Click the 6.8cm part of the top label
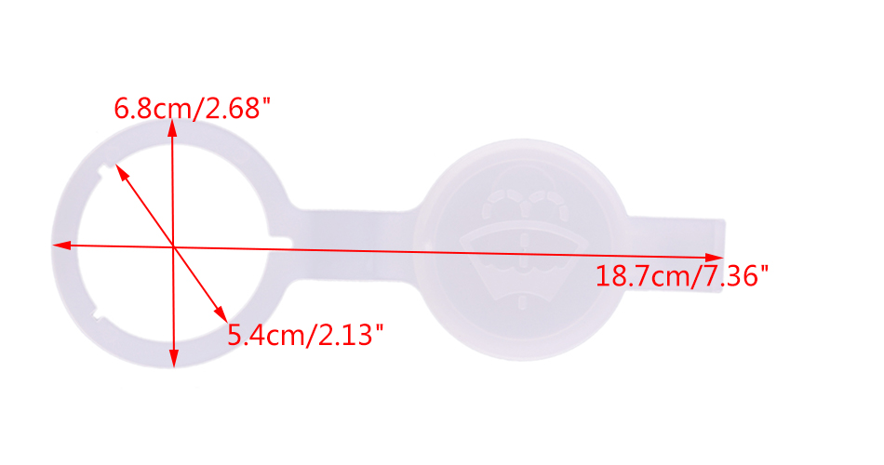[151, 108]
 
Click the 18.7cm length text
[640, 276]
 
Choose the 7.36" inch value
[730, 276]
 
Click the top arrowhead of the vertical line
[172, 128]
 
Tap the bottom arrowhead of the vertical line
[174, 358]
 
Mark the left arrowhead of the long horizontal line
[61, 246]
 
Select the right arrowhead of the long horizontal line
[714, 258]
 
